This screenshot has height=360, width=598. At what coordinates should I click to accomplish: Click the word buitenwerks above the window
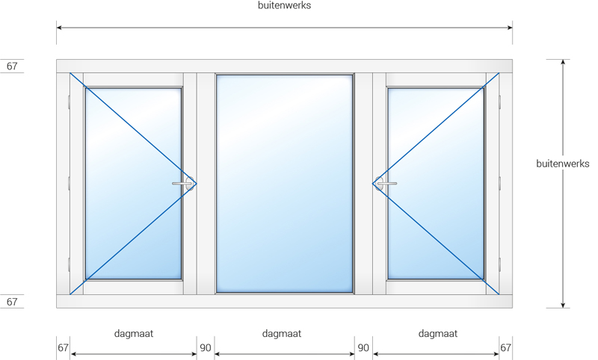tap(284, 5)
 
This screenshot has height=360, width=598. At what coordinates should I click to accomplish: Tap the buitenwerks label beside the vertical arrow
tap(563, 164)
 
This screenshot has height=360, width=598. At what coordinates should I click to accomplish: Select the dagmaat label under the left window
tap(134, 334)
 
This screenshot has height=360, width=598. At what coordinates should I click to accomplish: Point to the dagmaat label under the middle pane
tap(282, 334)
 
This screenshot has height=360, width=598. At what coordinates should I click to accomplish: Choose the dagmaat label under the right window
tap(438, 334)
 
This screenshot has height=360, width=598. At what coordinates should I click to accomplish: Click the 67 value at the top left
tap(12, 66)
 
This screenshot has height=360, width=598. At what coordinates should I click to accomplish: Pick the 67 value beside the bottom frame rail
tap(12, 302)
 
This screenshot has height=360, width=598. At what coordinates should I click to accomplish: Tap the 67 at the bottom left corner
tap(63, 348)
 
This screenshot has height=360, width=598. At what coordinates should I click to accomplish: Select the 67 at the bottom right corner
tap(505, 348)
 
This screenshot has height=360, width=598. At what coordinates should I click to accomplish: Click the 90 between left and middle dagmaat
tap(205, 348)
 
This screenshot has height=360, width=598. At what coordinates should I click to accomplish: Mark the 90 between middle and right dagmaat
tap(363, 348)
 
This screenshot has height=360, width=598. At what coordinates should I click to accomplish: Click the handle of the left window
tap(183, 184)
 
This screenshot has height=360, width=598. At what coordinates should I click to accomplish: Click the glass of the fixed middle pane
tap(284, 184)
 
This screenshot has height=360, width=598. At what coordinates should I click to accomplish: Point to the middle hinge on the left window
tap(69, 184)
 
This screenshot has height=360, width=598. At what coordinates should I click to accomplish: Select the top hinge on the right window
tap(499, 102)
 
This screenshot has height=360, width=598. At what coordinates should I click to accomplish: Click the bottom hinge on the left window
tap(69, 264)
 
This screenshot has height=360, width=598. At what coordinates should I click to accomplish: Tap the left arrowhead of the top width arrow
tap(60, 28)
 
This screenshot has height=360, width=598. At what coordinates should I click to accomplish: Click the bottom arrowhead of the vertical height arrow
tap(563, 305)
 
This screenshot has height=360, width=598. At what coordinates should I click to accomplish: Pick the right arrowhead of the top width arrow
tap(510, 28)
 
